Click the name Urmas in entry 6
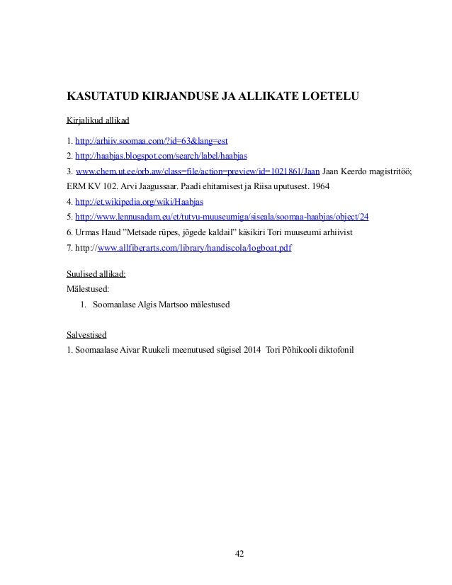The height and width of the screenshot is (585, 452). (89, 233)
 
